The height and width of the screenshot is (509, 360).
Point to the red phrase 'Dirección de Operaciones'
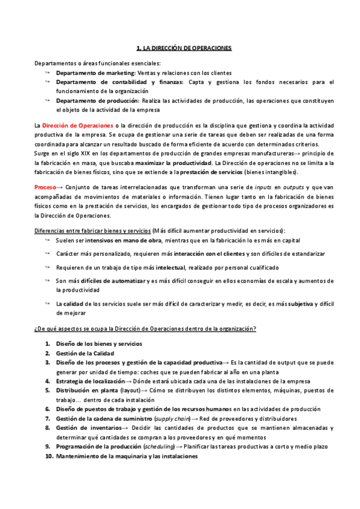pyautogui.click(x=77, y=125)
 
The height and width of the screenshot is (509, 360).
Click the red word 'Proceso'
pyautogui.click(x=45, y=188)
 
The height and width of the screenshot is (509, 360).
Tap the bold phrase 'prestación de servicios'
pyautogui.click(x=198, y=172)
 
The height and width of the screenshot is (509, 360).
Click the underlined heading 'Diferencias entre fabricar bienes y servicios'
pyautogui.click(x=92, y=231)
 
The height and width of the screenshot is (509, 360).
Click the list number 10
pyautogui.click(x=49, y=456)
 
